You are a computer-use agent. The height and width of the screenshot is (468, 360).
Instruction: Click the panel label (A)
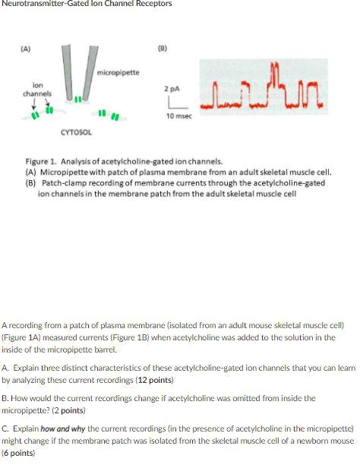click(x=26, y=49)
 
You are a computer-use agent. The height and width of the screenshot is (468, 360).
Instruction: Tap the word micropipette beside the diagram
click(x=118, y=72)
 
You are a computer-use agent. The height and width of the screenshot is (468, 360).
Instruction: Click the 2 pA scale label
click(x=172, y=89)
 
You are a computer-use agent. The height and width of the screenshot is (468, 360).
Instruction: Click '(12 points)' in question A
click(x=153, y=380)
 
